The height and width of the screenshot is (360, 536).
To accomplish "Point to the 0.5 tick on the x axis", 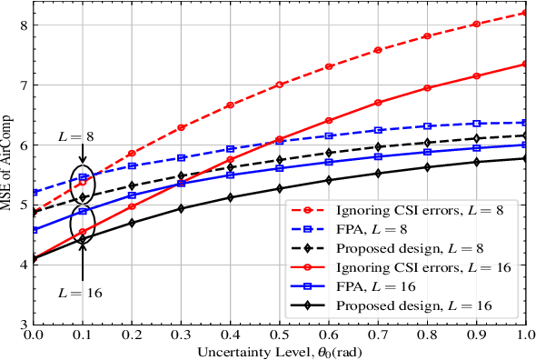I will pos(279,335).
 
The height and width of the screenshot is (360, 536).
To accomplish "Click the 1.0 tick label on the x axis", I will pos(524,335).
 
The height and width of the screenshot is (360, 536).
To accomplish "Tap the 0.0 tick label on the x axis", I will pos(34,335).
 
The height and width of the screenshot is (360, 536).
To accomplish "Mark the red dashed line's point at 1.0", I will pos(524,13).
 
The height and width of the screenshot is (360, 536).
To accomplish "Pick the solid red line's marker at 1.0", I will pos(524,64).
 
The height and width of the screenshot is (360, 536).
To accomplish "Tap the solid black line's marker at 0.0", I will pos(34,259).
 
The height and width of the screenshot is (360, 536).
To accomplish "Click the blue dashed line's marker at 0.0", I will pos(34,193).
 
